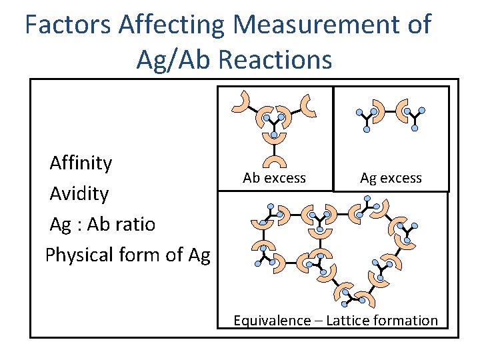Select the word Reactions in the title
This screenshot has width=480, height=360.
click(275, 59)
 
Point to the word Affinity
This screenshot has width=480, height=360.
click(81, 163)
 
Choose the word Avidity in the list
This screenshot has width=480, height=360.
click(79, 193)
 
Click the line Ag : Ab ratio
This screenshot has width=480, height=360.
click(102, 224)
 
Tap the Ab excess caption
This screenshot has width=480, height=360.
click(274, 178)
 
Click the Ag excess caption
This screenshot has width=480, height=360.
click(391, 178)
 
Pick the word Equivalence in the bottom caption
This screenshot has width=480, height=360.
click(271, 321)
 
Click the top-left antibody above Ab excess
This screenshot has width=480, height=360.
click(241, 101)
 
